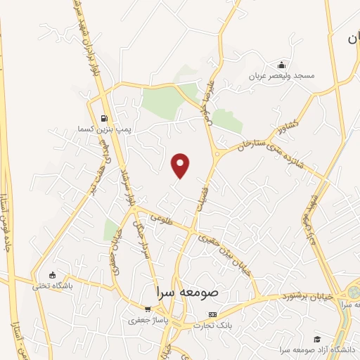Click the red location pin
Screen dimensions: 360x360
181,165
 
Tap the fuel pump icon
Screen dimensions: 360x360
104,118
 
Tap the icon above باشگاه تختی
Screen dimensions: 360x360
52,275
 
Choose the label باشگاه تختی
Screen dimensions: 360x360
51,286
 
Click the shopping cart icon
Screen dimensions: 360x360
148,309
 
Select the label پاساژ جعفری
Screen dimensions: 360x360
146,321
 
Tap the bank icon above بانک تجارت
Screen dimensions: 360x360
214,315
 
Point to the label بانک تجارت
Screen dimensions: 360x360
217,326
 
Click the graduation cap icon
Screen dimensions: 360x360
317,339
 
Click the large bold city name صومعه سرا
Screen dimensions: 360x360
189,290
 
